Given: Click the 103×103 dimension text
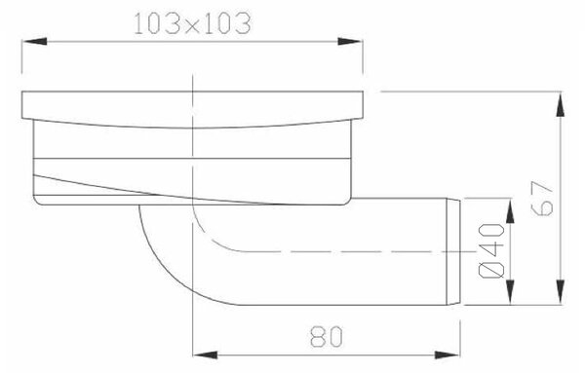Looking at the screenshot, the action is (192, 23).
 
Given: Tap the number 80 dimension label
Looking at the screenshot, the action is (326, 337).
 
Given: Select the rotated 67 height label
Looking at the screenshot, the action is (542, 198).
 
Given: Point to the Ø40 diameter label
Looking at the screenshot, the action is (490, 251).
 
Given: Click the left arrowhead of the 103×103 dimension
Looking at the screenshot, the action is (34, 41).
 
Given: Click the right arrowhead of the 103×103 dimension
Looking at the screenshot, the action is (350, 41).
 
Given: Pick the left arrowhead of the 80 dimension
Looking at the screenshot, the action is (205, 354).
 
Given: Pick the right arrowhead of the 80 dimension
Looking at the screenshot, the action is (448, 354).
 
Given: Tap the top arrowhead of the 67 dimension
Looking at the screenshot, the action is (561, 105).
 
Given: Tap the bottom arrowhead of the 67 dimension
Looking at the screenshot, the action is (561, 292).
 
